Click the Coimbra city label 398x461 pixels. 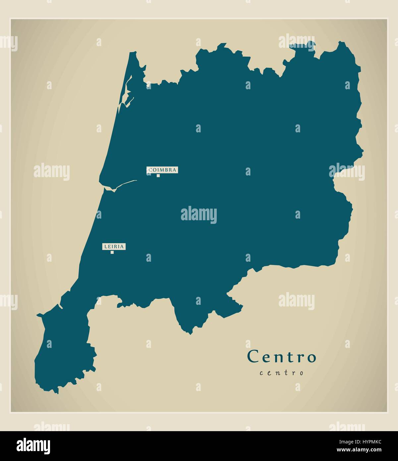(162, 170)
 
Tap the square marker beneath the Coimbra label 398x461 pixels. (158, 175)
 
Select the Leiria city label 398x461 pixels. (114, 246)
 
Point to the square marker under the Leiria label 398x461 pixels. (112, 252)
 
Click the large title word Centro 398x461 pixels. (281, 357)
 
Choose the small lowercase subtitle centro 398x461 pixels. (281, 373)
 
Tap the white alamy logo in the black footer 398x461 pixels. (33, 446)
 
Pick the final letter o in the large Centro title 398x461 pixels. (311, 358)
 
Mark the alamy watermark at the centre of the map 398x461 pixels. (199, 215)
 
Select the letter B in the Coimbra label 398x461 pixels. (166, 170)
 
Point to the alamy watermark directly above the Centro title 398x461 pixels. (296, 301)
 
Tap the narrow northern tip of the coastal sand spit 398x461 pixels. (134, 53)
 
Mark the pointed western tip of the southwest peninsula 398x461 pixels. (37, 314)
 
